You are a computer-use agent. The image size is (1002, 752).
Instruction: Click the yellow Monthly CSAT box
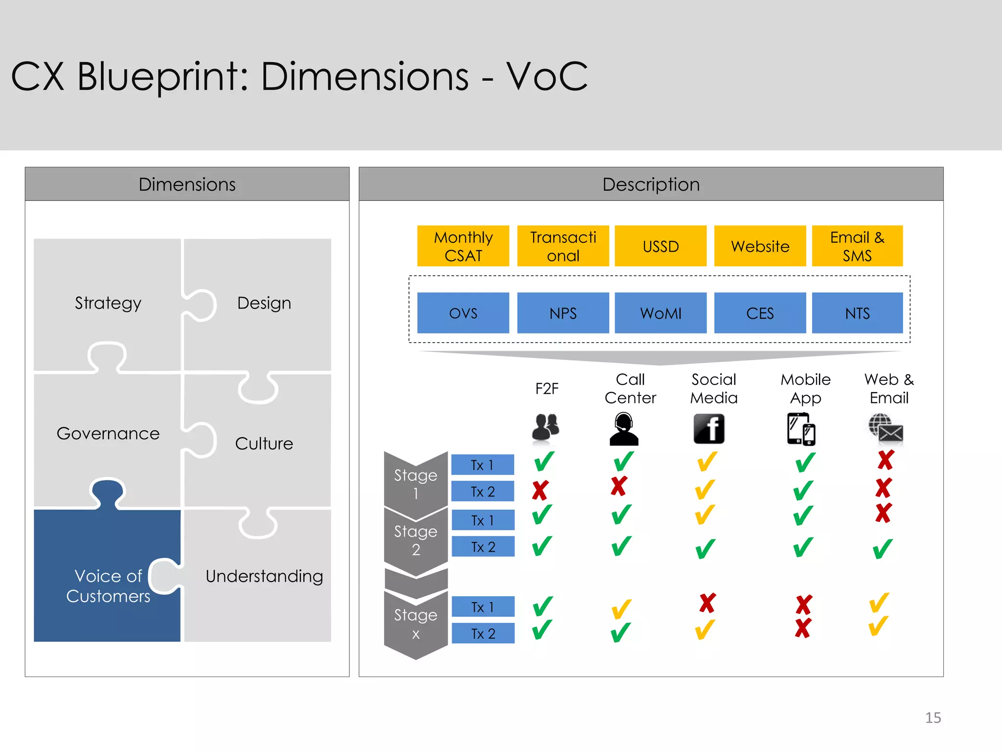[463, 246]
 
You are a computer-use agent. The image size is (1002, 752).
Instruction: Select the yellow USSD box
[660, 246]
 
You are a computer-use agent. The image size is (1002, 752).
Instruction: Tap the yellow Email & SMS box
[857, 246]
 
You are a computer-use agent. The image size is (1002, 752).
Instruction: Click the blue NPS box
[563, 313]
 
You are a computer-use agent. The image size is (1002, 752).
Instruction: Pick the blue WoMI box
[660, 313]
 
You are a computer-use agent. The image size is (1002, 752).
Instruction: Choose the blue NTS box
[857, 313]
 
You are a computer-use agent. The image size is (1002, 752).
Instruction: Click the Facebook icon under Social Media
[708, 429]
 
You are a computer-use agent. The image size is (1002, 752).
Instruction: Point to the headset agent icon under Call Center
[624, 429]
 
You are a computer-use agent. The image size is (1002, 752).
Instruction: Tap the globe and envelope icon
[886, 429]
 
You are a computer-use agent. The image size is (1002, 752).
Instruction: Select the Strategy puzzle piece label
[108, 303]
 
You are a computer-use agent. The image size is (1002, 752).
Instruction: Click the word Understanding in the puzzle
[264, 576]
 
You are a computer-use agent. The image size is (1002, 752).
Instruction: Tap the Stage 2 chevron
[416, 540]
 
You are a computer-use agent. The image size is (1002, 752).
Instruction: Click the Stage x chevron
[416, 624]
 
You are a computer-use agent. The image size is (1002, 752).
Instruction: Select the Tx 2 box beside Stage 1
[482, 492]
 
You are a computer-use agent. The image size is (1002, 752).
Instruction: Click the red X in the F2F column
[540, 490]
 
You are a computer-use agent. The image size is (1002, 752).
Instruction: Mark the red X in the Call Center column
[619, 486]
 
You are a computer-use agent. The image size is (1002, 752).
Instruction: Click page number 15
[933, 718]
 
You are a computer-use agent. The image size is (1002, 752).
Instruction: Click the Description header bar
[651, 184]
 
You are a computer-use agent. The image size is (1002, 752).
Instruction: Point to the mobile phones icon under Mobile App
[801, 429]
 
